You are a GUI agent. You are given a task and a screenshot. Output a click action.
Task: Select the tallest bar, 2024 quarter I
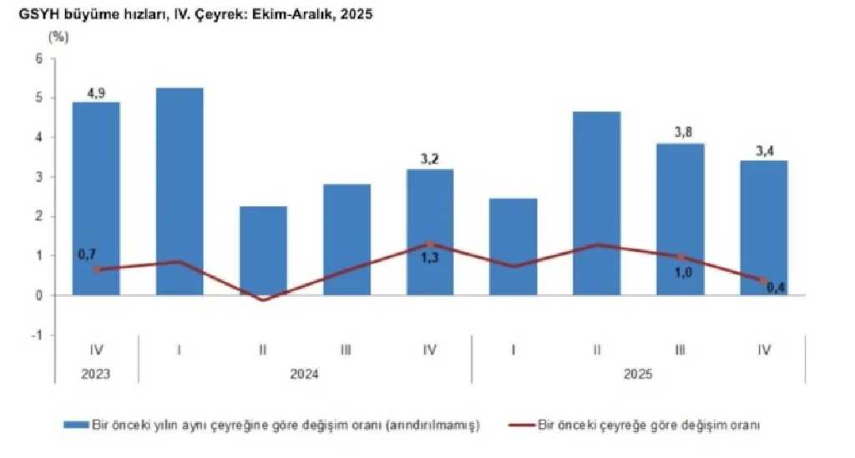(x=180, y=191)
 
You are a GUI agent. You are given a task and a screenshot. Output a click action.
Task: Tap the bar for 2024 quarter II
(x=263, y=250)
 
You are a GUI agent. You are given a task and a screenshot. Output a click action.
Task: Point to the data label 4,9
(x=96, y=92)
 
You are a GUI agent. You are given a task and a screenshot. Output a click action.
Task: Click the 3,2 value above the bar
(x=430, y=159)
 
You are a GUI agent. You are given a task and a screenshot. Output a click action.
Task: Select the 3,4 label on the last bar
(x=764, y=150)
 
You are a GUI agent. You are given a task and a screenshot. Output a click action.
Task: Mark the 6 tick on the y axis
(x=38, y=58)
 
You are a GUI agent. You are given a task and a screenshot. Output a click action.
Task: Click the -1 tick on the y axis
(x=36, y=335)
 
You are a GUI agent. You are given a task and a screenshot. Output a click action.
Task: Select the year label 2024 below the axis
(x=305, y=375)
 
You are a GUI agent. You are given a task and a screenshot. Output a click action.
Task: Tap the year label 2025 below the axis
(x=639, y=375)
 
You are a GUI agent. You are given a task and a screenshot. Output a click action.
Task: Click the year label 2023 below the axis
(x=96, y=375)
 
